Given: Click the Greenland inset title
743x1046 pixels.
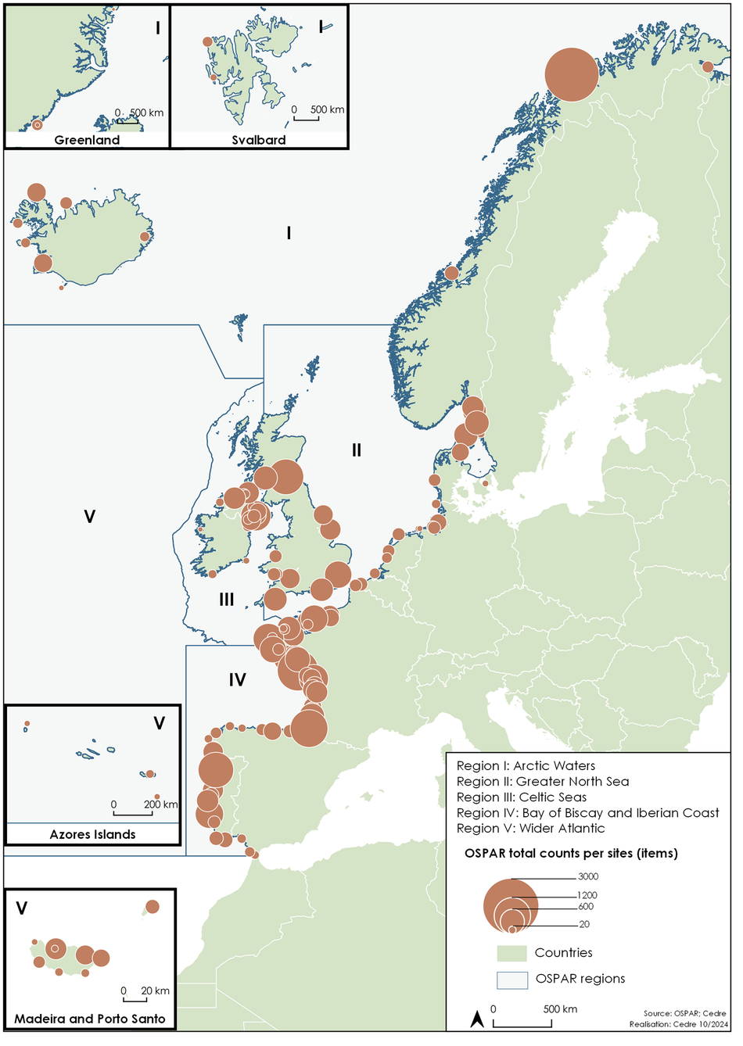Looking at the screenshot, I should pos(87,141).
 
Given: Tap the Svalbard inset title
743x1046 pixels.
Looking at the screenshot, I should pos(259,141).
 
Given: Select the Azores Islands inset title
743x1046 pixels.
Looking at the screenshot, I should pos(92,835).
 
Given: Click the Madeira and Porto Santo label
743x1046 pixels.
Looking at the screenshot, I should pos(90,1019).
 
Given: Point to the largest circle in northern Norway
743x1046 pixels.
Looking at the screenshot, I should pos(572,75).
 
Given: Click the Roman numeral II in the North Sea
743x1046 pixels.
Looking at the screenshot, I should pos(357,450).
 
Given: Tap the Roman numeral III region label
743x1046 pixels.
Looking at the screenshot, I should pos(227,600).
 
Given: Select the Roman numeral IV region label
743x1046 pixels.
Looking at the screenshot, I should pos(237,680).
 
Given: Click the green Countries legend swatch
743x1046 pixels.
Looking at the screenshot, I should pos(511,954).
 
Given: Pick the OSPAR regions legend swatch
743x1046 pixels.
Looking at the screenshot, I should pos(511,980).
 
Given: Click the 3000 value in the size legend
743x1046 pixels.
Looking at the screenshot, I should pos(588,876).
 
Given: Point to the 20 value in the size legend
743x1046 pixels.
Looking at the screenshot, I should pos(584,925).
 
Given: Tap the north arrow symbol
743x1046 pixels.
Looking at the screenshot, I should pos(476,1019).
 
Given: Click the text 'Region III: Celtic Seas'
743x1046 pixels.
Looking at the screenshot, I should pos(522,797).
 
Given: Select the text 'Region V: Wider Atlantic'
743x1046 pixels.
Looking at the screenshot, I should pos(530,829).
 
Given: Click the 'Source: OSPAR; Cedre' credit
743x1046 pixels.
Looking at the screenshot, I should pos(685,1013).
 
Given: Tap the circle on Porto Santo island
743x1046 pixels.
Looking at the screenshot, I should pos(153,907).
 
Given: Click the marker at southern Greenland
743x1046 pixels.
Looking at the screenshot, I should pos(37,125).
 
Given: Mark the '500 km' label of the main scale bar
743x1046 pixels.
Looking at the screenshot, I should pos(560,1009).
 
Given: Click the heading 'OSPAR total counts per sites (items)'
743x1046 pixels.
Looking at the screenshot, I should pos(571,854).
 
